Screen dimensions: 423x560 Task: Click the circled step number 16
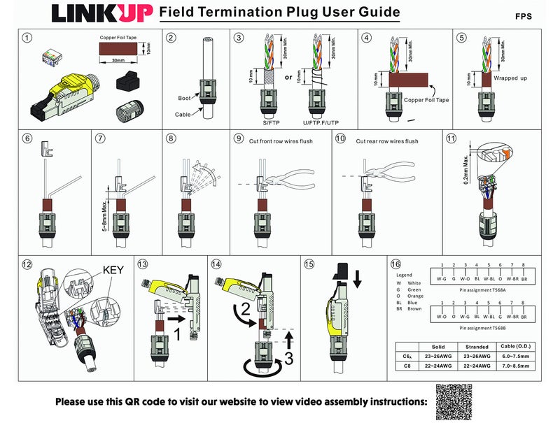click(395, 264)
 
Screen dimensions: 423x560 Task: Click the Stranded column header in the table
click(477, 346)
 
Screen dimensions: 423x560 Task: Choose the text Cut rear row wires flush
click(386, 141)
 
